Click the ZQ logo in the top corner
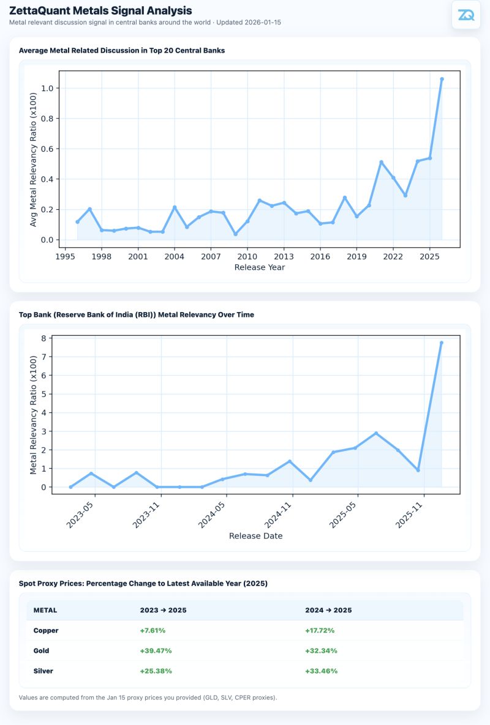tap(466, 15)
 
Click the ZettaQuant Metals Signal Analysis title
tap(100, 10)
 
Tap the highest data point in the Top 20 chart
tap(442, 79)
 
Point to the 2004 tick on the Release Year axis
tap(175, 257)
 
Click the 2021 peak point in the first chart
tap(381, 162)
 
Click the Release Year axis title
tap(260, 267)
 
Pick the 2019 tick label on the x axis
tap(356, 257)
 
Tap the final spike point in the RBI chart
tap(442, 343)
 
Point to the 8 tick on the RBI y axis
tap(43, 338)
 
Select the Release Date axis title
tap(255, 536)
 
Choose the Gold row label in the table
tap(41, 650)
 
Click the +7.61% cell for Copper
tap(153, 630)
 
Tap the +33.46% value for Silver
tap(321, 671)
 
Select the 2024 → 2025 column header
tap(328, 610)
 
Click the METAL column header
tap(45, 610)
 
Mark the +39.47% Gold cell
tap(156, 650)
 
